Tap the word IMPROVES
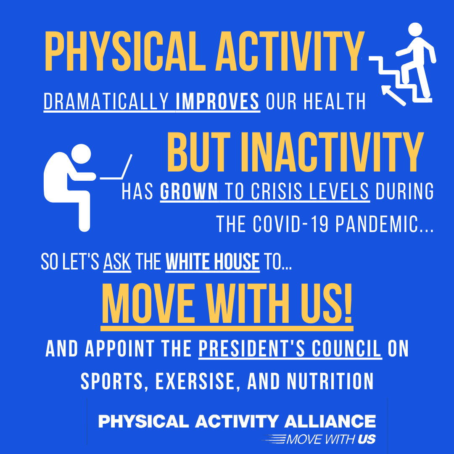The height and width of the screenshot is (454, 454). point(217,101)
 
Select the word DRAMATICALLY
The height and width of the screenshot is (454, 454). point(109,101)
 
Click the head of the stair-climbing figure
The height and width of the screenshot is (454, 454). point(414,30)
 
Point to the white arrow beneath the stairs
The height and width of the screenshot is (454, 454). point(393,95)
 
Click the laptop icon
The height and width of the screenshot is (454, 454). point(117,169)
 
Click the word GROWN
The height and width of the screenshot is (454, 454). point(189,192)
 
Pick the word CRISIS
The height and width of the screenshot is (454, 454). point(280,192)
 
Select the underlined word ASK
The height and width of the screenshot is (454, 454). point(117,262)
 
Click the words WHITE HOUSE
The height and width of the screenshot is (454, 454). point(213,262)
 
